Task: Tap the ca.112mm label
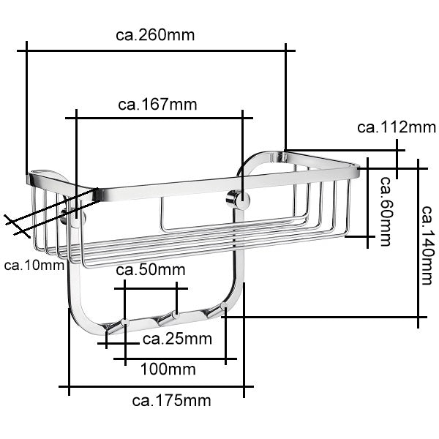click(396, 127)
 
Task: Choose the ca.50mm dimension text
click(151, 270)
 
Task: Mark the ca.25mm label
click(176, 339)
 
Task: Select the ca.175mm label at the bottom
click(170, 400)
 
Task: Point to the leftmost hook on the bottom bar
click(124, 322)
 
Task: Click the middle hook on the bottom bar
click(173, 316)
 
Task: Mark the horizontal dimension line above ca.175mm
click(155, 386)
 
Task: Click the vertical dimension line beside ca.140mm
click(419, 241)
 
